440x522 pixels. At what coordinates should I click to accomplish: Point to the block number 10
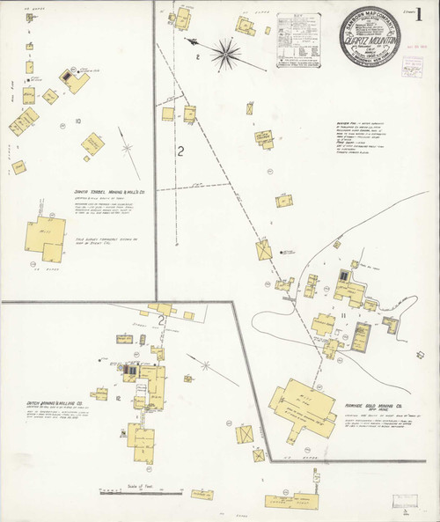[x=78, y=120]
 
